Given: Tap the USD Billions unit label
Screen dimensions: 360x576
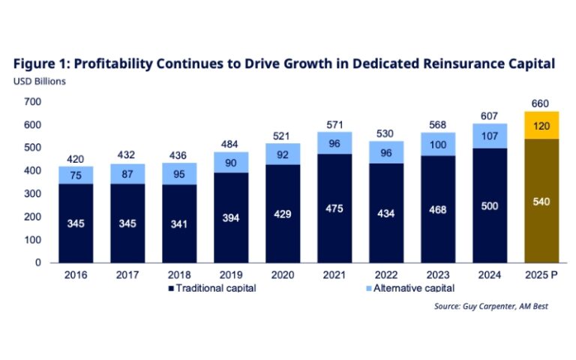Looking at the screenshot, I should point(41,82).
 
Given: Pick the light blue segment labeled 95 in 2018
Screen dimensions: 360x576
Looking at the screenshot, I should point(178,174).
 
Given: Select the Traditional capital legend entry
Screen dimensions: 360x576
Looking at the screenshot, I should point(213,288).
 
